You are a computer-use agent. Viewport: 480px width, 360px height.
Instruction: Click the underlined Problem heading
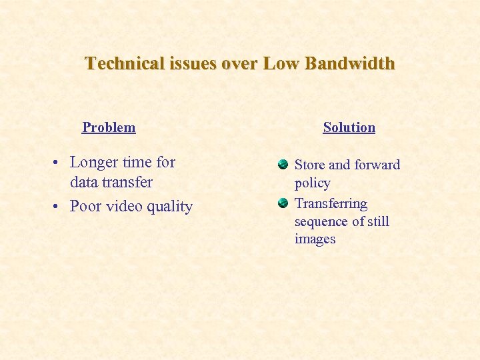click(x=109, y=127)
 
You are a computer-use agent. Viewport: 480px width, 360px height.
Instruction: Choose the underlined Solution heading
click(x=349, y=127)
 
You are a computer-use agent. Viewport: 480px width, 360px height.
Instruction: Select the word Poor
click(x=85, y=207)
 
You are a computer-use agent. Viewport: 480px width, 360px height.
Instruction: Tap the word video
click(x=124, y=207)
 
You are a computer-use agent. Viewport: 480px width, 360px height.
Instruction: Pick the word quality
click(x=170, y=207)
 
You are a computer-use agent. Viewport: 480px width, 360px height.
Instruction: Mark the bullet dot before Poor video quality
click(x=59, y=207)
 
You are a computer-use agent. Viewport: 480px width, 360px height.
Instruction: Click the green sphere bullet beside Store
click(x=283, y=164)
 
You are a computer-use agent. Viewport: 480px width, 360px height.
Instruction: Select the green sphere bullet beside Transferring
click(x=283, y=203)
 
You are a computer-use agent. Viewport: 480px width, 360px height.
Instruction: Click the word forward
click(x=378, y=165)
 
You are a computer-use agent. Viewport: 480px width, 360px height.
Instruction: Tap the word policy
click(x=312, y=183)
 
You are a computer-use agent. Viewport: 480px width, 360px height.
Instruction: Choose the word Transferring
click(x=331, y=203)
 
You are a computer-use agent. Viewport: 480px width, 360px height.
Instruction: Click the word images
click(x=315, y=239)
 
